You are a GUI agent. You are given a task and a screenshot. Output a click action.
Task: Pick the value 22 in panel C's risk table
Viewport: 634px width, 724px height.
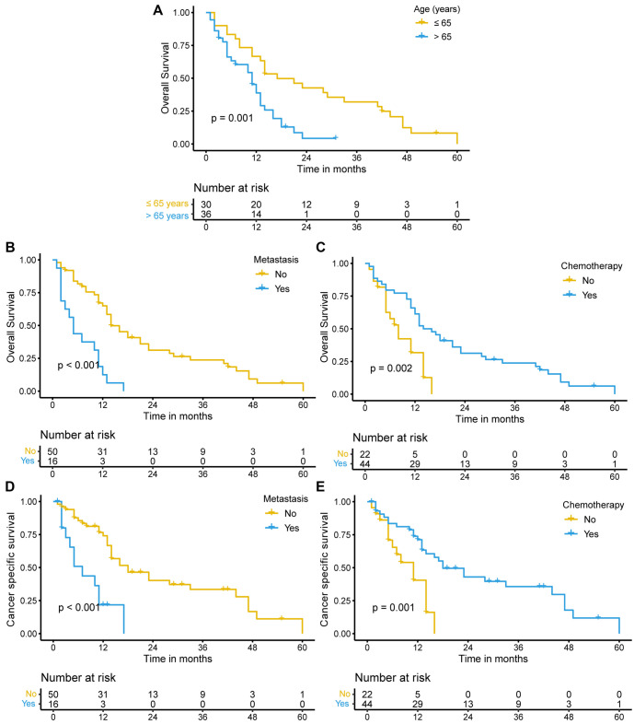click(366, 453)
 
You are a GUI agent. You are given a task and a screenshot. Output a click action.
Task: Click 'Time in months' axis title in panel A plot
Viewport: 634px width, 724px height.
click(331, 168)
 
